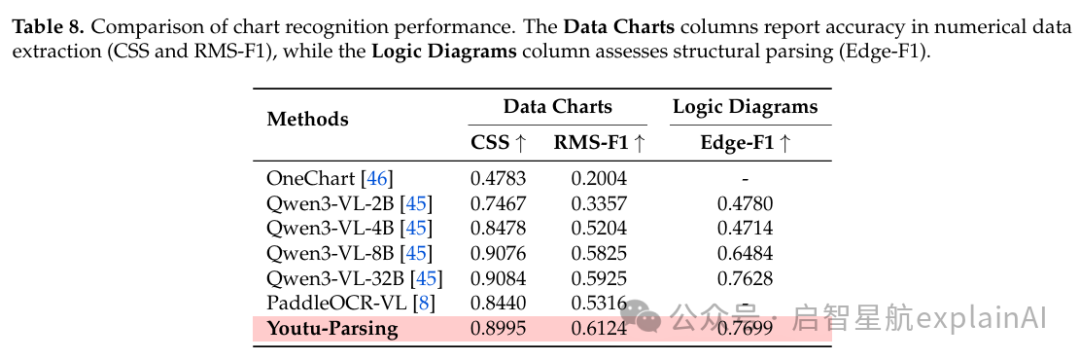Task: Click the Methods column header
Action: coord(307,119)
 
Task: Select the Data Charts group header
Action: coord(557,107)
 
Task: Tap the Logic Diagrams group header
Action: coord(745,107)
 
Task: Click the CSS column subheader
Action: coord(499,142)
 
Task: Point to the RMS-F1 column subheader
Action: coord(599,142)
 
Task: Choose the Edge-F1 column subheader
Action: coord(745,142)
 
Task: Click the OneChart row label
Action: coord(329,178)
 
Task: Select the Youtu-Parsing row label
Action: coord(332,329)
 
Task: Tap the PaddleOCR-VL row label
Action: coord(351,304)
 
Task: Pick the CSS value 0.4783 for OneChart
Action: coord(498,178)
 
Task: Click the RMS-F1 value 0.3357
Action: coord(599,204)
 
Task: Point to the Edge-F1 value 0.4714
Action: coord(745,229)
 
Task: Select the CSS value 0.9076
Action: coord(498,253)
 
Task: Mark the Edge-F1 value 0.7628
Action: coord(745,279)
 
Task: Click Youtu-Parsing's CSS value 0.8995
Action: coord(498,329)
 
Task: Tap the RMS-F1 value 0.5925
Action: coord(599,279)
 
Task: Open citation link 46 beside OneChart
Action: coord(377,179)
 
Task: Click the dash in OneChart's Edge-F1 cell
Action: coord(745,180)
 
